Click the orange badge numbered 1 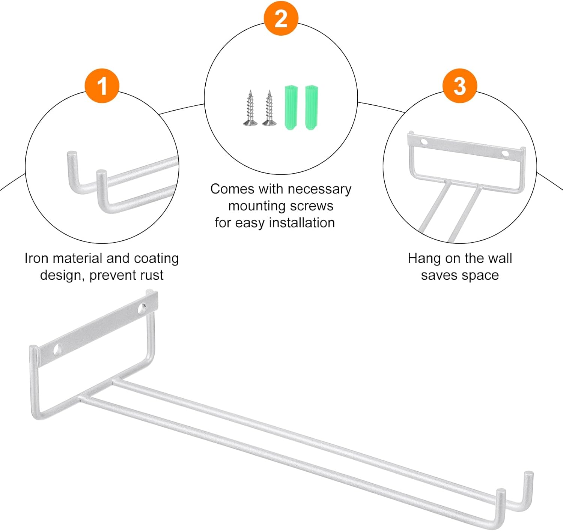coord(102,86)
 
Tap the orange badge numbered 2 coord(281,18)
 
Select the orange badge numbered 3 coord(460,86)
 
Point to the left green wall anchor coord(291,108)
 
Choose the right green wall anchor coord(312,108)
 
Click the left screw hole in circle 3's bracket coord(424,142)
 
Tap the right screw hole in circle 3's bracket coord(505,153)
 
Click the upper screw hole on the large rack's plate coord(142,309)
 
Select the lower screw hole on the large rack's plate coord(58,350)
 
